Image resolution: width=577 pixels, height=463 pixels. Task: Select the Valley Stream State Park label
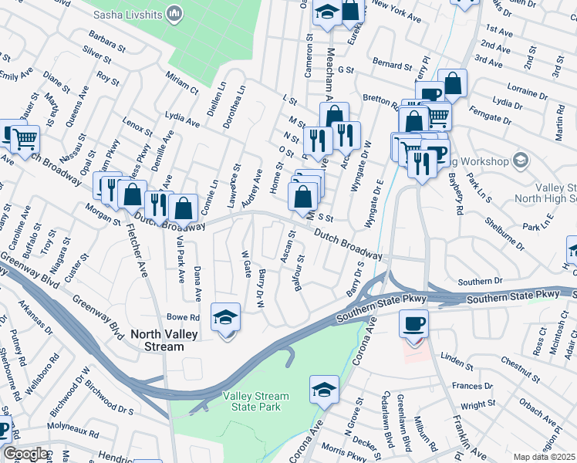click(256, 401)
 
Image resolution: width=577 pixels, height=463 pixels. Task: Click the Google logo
click(25, 454)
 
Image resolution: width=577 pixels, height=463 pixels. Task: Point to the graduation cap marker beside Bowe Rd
click(226, 319)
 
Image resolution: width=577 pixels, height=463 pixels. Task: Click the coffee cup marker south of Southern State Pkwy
click(414, 323)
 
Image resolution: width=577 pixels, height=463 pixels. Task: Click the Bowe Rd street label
click(184, 317)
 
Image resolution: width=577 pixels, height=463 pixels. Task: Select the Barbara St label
click(106, 40)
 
